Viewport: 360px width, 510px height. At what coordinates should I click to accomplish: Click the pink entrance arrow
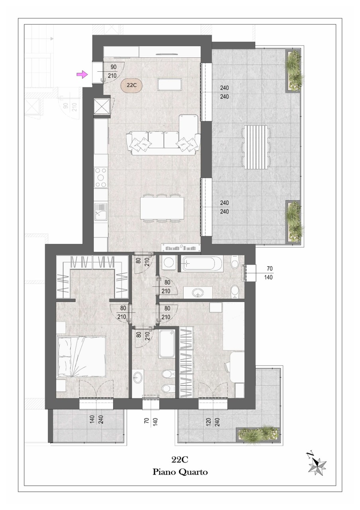tap(82, 74)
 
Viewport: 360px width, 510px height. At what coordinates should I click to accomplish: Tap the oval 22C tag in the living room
tap(131, 85)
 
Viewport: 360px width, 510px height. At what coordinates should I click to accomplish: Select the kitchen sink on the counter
tap(101, 212)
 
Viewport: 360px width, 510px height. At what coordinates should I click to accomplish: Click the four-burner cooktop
tap(101, 178)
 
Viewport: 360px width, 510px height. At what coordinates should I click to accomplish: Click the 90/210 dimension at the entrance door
tap(112, 71)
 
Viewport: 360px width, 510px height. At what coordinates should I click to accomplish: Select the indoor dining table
tap(162, 208)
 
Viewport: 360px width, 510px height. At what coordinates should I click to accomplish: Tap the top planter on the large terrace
tap(293, 71)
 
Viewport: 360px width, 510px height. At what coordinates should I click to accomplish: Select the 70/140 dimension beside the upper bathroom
tap(269, 273)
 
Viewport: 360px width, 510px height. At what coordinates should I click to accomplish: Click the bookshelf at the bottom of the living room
tap(181, 248)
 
